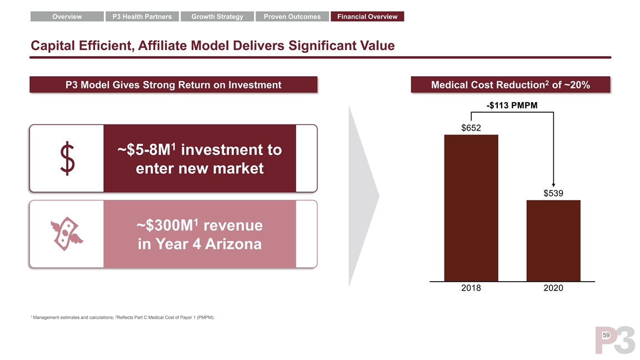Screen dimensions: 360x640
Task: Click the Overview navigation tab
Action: (x=67, y=17)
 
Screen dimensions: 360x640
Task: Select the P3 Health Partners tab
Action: (x=142, y=17)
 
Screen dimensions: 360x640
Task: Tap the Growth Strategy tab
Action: (x=217, y=17)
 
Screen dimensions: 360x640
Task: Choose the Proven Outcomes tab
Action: (x=292, y=17)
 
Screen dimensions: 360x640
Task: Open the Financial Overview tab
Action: (x=367, y=17)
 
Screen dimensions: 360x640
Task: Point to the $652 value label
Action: (x=471, y=128)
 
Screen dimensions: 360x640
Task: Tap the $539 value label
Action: (x=553, y=193)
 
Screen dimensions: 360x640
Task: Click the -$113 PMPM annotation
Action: (x=512, y=106)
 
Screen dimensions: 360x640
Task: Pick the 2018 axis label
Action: (x=471, y=288)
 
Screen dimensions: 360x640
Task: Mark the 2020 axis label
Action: (x=553, y=288)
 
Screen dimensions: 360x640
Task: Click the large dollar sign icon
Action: (x=67, y=158)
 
